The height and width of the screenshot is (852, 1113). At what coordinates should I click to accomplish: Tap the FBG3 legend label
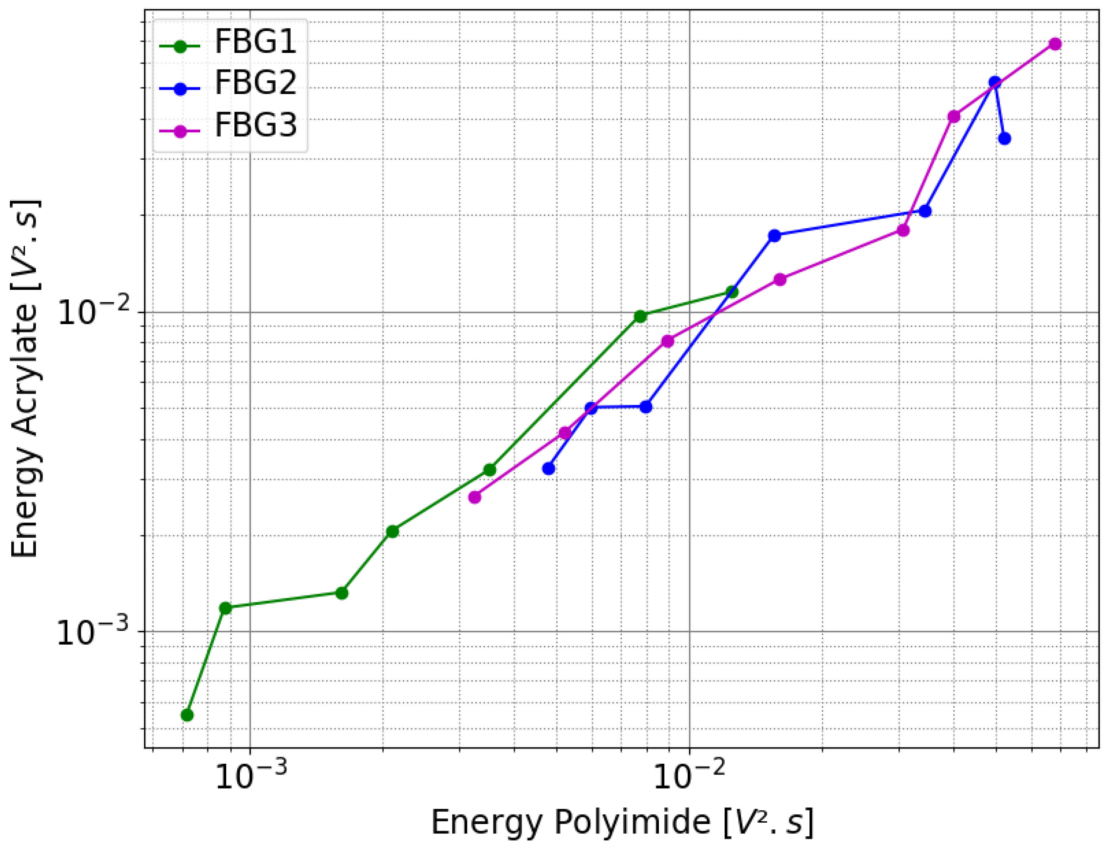pos(255,125)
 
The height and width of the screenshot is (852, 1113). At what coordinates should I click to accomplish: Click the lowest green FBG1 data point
pos(187,715)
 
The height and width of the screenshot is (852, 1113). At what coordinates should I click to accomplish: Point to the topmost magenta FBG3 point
pos(1055,44)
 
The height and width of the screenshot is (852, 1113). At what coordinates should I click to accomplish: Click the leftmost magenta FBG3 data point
pos(475,497)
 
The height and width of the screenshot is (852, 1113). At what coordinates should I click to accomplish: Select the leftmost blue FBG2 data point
pos(548,469)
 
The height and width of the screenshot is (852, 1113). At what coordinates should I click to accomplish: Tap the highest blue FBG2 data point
pos(995,82)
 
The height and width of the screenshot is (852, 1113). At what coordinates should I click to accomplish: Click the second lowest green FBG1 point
pos(225,608)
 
